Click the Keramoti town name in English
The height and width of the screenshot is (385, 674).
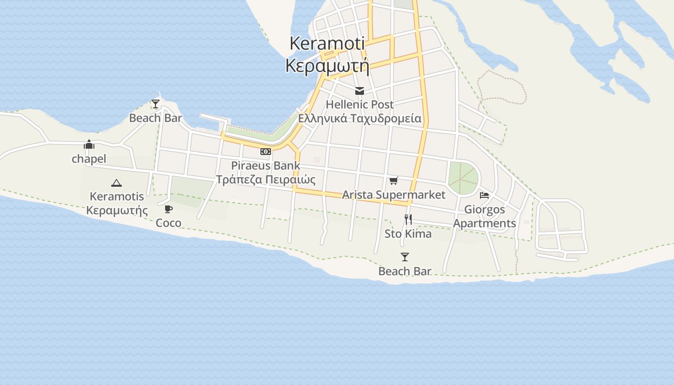coord(327,43)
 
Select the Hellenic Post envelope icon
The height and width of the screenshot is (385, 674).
coord(359,91)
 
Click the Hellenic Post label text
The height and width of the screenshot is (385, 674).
coord(360,104)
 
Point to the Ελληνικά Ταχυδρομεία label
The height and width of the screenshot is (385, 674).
coord(360,118)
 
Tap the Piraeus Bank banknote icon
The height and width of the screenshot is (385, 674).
coord(265,152)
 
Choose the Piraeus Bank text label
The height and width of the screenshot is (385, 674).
coord(265,166)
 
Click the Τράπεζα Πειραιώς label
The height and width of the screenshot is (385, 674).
coord(265,180)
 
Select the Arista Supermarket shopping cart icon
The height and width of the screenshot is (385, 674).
coord(394,181)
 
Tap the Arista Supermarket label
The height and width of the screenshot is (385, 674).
coord(394,195)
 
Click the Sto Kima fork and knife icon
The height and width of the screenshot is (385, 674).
coord(408,219)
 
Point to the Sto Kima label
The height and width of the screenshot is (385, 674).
coord(408,234)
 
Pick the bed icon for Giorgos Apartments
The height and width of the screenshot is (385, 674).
coord(484,195)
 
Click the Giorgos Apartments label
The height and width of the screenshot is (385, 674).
coord(484,217)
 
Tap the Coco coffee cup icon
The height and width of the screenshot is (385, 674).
coord(168,209)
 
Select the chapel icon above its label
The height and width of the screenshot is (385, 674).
coord(89,145)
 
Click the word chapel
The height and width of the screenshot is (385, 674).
coord(89,159)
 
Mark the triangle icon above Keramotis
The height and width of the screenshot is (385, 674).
coord(116,183)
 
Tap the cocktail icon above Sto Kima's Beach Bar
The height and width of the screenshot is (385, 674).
coord(404,257)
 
